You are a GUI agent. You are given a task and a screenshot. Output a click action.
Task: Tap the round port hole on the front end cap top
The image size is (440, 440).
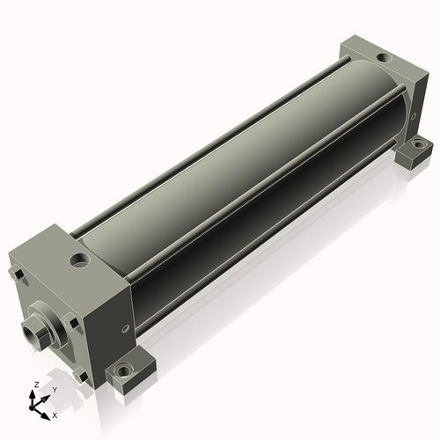point(79,260)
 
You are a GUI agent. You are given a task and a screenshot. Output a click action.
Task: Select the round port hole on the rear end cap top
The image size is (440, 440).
point(383,58)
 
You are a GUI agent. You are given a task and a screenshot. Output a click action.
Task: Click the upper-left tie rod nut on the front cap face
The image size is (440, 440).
point(17,274)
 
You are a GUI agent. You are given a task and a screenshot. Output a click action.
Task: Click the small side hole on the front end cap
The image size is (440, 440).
point(126,327)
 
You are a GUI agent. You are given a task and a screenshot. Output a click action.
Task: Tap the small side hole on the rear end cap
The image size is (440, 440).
point(414,116)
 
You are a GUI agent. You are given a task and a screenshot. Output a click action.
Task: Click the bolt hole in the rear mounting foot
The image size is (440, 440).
point(417,144)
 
